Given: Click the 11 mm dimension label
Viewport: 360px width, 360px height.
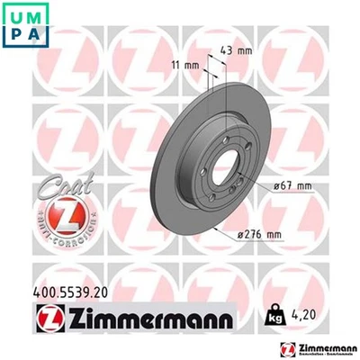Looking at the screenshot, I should point(184,66).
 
